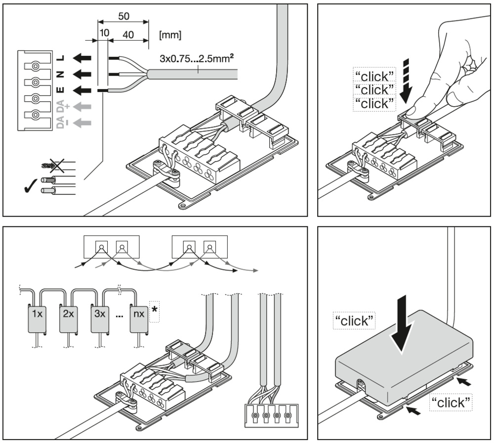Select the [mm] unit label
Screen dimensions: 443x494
(x=170, y=36)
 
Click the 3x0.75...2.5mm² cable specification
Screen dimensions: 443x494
(x=197, y=59)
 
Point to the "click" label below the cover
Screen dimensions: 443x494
(x=449, y=402)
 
